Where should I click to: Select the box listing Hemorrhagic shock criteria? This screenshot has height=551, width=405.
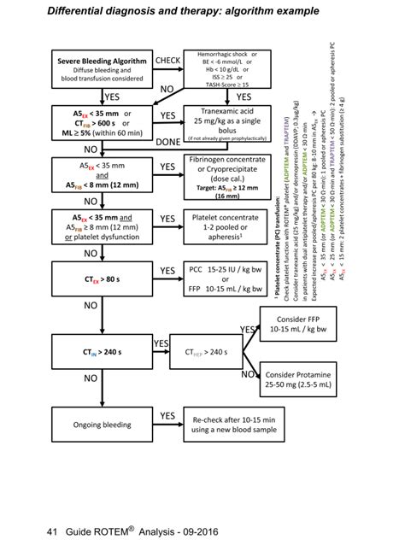228,70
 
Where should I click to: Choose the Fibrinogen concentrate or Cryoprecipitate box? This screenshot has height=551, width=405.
227,175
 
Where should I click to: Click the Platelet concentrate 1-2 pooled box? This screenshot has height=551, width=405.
227,229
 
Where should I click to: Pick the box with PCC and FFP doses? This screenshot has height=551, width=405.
227,278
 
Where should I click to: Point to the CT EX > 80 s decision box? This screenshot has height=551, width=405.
102,278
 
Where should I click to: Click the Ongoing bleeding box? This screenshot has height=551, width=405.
102,422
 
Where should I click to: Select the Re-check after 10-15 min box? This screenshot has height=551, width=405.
227,422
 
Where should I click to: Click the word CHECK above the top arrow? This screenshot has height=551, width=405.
167,61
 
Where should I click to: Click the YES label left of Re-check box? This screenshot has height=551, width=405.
167,415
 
